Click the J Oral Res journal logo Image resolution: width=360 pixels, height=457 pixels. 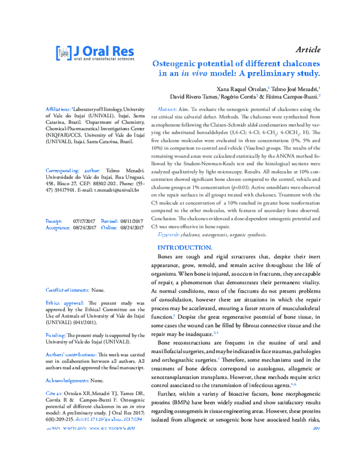95,53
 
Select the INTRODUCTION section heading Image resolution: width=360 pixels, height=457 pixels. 184,247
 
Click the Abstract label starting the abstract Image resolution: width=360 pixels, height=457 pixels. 167,109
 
